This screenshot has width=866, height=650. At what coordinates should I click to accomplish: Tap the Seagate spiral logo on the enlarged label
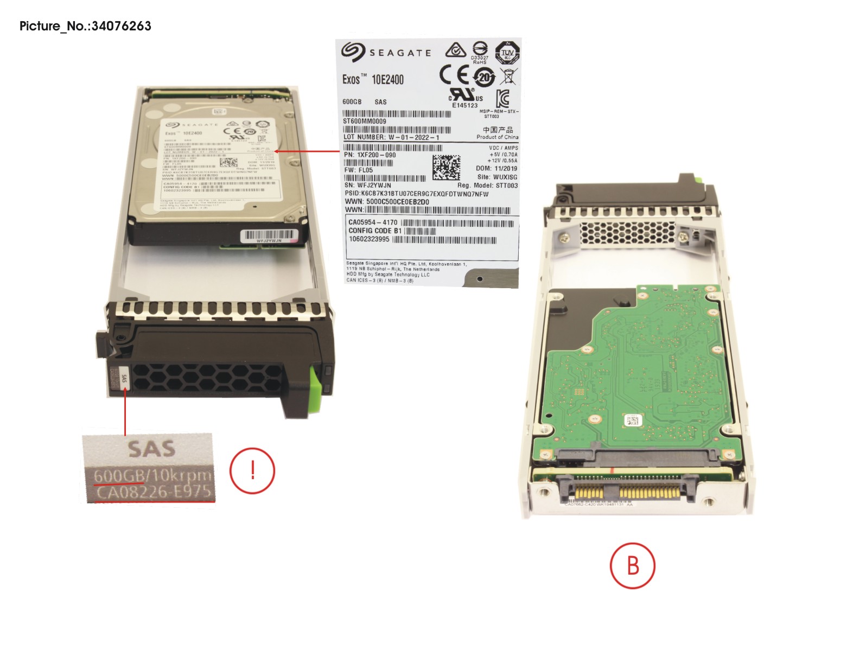tap(353, 52)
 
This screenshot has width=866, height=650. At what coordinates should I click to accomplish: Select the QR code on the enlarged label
tap(446, 168)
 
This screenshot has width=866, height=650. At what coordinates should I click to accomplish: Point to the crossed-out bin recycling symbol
tap(508, 77)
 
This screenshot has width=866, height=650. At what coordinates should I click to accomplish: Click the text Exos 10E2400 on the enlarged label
tap(373, 80)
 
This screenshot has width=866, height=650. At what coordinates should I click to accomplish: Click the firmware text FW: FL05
tap(359, 170)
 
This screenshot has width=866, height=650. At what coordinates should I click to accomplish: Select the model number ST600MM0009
tap(365, 122)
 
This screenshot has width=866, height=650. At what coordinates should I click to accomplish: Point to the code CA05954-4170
tap(373, 222)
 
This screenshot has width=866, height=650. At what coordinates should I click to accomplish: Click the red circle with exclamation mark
tap(252, 470)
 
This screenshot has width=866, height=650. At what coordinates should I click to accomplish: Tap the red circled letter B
tap(632, 565)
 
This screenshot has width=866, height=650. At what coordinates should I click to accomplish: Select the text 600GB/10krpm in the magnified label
tap(152, 475)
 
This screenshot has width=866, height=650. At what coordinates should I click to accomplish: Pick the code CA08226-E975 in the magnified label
tap(154, 493)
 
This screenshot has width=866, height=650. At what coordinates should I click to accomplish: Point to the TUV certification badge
tap(507, 52)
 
